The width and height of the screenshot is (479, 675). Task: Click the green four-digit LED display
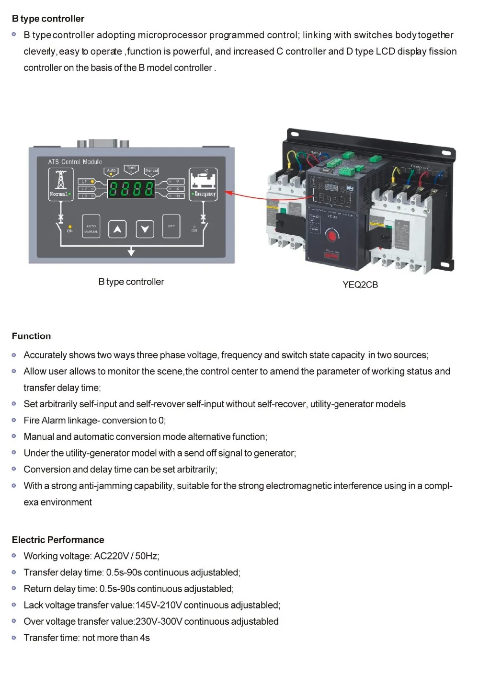pyautogui.click(x=131, y=189)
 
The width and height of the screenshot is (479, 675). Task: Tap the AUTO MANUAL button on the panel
pyautogui.click(x=91, y=228)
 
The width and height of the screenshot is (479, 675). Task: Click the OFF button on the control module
pyautogui.click(x=171, y=227)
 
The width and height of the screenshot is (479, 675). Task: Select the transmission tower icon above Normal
pyautogui.click(x=61, y=180)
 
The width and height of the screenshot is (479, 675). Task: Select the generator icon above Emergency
pyautogui.click(x=203, y=179)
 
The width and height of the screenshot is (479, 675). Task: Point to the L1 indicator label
pyautogui.click(x=84, y=182)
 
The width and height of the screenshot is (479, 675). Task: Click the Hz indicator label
pyautogui.click(x=177, y=196)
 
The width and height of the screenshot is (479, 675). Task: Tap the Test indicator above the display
pyautogui.click(x=131, y=168)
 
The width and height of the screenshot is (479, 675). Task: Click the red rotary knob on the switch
pyautogui.click(x=331, y=235)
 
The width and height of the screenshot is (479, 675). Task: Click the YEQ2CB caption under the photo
pyautogui.click(x=360, y=285)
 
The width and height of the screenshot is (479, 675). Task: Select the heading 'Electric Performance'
pyautogui.click(x=58, y=540)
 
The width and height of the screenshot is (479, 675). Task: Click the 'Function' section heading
pyautogui.click(x=31, y=336)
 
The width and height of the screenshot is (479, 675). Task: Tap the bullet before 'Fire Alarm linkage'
pyautogui.click(x=14, y=420)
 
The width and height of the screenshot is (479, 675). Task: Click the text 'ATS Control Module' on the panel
pyautogui.click(x=75, y=162)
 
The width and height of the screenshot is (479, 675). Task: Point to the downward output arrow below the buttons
pyautogui.click(x=131, y=252)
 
